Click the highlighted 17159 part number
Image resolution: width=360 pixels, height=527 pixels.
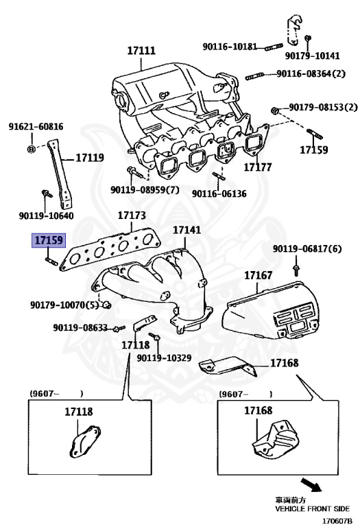coord(49,241)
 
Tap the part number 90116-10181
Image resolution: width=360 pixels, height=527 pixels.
coord(230,47)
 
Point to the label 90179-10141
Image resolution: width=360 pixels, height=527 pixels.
coord(312,56)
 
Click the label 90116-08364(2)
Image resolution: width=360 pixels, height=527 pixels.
coord(311,74)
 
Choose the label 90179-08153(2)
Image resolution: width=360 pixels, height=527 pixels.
coord(323,108)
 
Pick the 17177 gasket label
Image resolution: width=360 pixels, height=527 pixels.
coord(259,167)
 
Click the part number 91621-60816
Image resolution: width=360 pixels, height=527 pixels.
coord(36,127)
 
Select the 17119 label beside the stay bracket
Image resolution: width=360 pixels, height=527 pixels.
coord(89,157)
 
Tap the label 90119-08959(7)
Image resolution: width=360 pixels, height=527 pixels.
coord(145,190)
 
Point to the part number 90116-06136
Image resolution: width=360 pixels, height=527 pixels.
coord(219,194)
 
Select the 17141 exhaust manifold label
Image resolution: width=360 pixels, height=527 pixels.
coord(187,231)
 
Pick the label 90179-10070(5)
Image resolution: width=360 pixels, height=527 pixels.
coord(61,304)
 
